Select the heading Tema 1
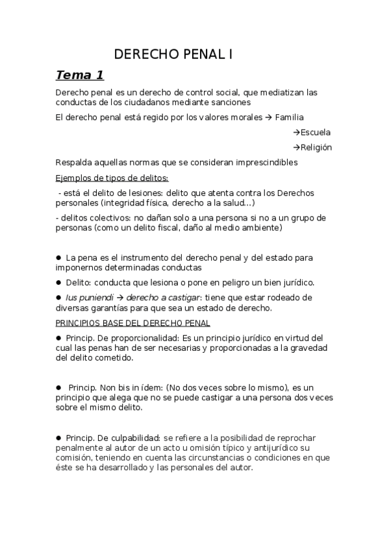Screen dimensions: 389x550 [x=79, y=75]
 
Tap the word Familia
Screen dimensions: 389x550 [x=289, y=117]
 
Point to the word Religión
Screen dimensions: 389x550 [x=316, y=147]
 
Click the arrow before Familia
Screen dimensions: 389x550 [x=269, y=117]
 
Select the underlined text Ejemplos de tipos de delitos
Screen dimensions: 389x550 [x=112, y=178]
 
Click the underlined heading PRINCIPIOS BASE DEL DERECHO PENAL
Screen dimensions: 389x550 [x=132, y=323]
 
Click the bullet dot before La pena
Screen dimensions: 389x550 [x=58, y=257]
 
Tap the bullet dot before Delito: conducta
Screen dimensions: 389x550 [x=58, y=282]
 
